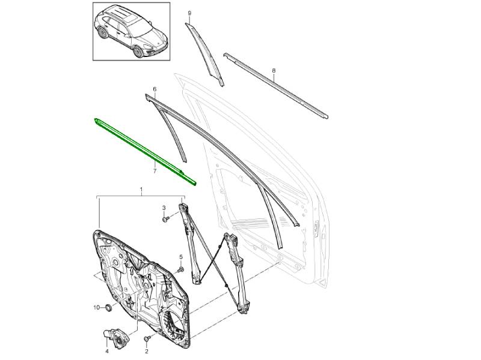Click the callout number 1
click(141, 190)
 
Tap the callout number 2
click(146, 351)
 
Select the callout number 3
click(164, 208)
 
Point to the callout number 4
click(107, 351)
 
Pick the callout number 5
click(181, 257)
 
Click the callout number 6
click(155, 89)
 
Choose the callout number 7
click(155, 171)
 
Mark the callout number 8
click(274, 71)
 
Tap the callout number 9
click(189, 13)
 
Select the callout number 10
click(97, 307)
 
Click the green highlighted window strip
click(144, 152)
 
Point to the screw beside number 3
click(166, 219)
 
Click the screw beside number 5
click(180, 269)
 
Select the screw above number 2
click(147, 338)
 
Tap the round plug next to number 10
click(108, 307)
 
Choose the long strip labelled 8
click(275, 85)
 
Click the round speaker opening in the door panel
click(174, 326)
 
